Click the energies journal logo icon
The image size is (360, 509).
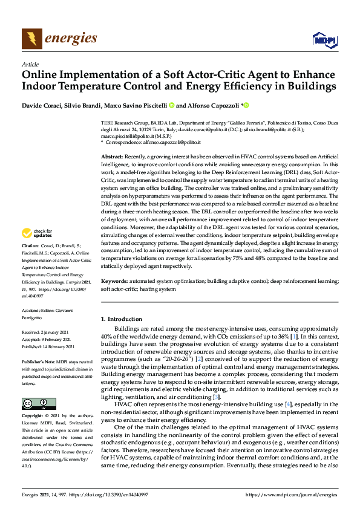30,39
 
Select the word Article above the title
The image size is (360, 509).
30,64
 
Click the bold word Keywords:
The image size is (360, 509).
114,282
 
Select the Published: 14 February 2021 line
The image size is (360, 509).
48,346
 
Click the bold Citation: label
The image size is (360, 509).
30,263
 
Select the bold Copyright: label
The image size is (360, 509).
33,417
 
